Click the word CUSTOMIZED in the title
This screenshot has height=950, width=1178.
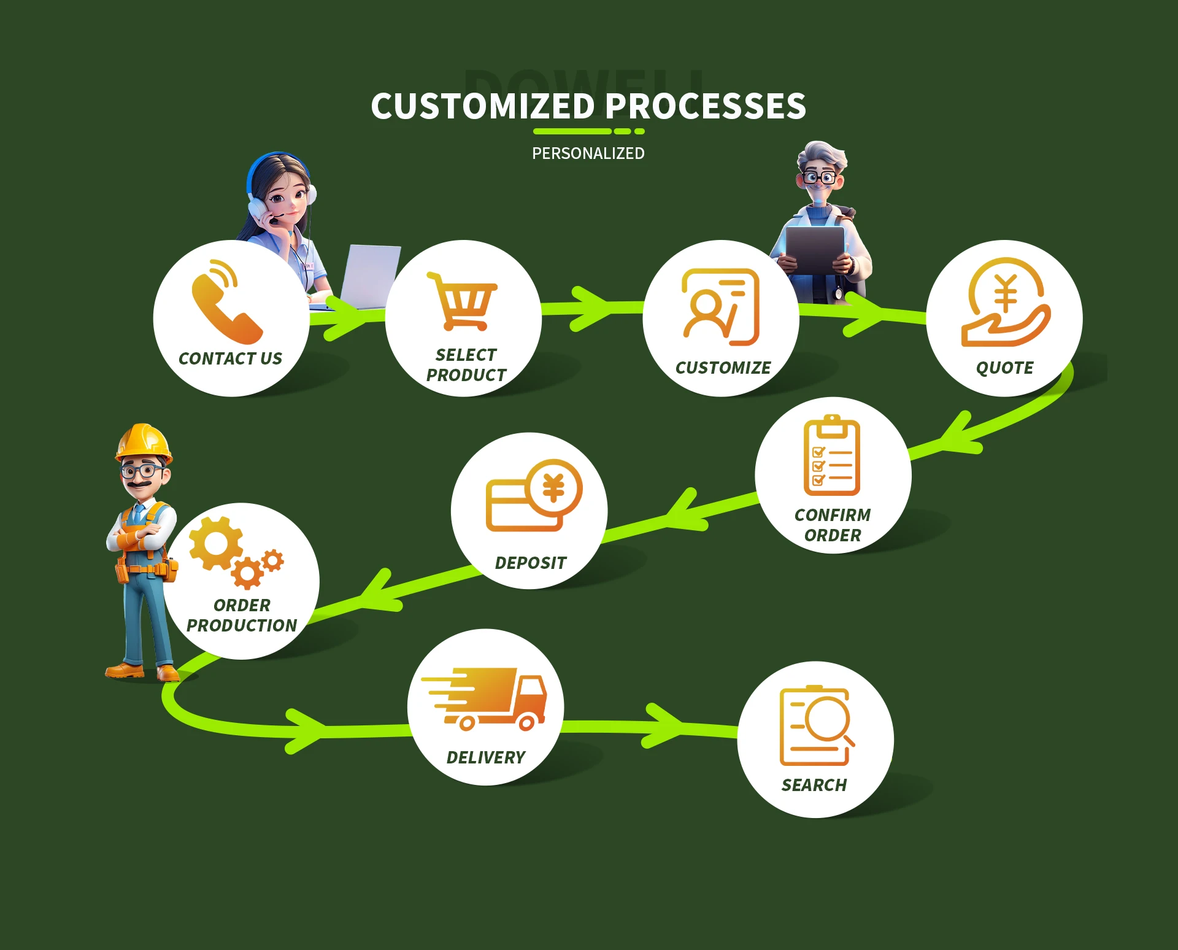483,106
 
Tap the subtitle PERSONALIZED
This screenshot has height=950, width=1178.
588,153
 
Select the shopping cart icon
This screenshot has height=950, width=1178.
463,301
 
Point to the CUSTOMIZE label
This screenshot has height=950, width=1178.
723,368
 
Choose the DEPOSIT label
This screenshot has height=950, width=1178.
531,563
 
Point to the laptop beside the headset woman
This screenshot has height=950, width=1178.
370,277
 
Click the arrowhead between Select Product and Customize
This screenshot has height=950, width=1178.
591,309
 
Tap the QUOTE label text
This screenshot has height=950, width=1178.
1005,368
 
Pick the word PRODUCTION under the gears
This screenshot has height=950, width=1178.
242,625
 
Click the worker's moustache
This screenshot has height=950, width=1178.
141,484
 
